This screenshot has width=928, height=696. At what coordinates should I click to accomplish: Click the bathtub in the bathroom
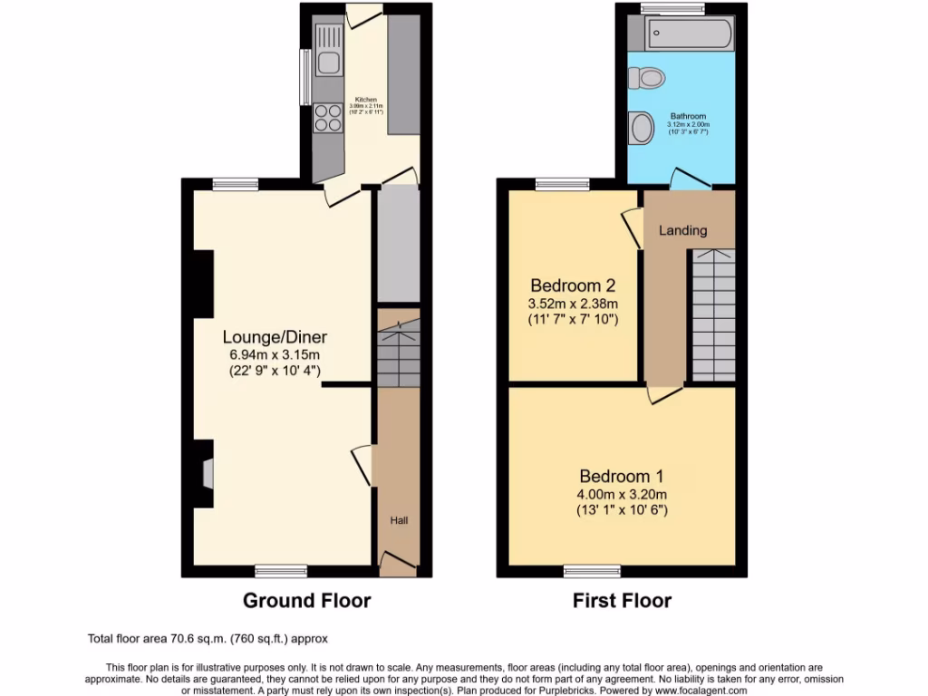point(680,34)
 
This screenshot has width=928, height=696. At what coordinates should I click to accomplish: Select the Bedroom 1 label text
point(623,477)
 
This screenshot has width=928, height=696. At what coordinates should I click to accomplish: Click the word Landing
point(682,230)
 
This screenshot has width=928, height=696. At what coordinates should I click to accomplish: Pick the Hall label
point(399,521)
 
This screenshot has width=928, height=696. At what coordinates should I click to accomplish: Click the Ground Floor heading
point(306,600)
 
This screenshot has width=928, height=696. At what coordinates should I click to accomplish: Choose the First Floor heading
point(622,600)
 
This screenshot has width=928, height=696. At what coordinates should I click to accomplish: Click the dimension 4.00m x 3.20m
point(623,494)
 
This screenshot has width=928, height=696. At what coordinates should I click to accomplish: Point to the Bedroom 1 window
point(592,571)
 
